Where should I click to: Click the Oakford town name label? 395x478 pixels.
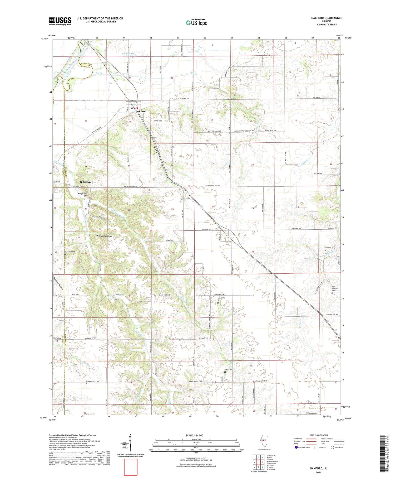pos(141,112)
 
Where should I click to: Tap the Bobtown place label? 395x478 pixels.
pos(85,182)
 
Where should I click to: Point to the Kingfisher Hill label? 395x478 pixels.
pos(84,195)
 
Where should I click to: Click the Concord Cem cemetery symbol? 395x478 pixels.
pos(325,250)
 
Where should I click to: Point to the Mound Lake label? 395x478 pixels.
pos(128,54)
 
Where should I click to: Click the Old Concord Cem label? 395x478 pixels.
pos(335,289)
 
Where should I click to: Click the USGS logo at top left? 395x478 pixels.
pos(60,21)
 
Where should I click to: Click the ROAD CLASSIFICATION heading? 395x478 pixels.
pos(319,435)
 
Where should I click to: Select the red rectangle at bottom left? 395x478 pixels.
pos(131,467)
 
